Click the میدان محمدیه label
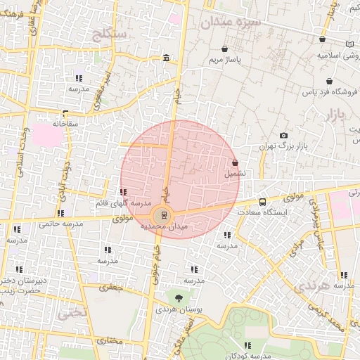[x=165, y=226]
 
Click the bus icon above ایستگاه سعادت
[x=262, y=202]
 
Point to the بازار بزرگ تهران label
[x=284, y=146]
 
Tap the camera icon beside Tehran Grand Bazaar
[x=283, y=135]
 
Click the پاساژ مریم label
[x=224, y=60]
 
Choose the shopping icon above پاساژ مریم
[x=224, y=50]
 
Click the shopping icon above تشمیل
[x=234, y=162]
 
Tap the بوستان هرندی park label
[x=174, y=309]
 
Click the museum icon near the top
[x=165, y=58]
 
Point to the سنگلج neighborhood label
[x=109, y=33]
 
